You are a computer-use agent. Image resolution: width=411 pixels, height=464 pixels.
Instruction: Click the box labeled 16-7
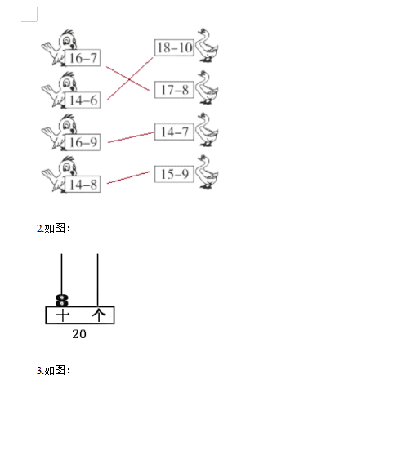[83, 58]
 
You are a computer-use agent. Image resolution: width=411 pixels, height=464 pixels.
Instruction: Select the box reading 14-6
[83, 100]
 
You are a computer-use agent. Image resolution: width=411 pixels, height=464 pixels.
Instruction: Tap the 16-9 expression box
[83, 142]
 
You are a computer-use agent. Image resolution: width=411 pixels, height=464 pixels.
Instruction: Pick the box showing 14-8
[83, 185]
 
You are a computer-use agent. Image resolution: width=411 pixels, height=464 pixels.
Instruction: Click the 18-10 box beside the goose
[174, 47]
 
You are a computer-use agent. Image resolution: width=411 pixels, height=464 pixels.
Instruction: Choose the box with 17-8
[174, 90]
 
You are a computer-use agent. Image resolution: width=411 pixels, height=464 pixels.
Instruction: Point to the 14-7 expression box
[174, 132]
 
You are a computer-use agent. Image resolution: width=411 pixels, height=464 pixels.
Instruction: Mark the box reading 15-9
[174, 174]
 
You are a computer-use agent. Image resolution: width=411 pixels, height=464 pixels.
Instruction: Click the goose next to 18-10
[207, 45]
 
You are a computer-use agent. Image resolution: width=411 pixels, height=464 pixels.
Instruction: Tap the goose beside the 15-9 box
[207, 172]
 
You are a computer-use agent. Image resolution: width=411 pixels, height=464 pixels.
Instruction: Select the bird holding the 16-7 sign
[60, 47]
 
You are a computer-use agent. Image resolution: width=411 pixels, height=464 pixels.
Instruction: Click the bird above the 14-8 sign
[60, 174]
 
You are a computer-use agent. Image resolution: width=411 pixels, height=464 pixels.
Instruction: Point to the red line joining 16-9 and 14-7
[131, 137]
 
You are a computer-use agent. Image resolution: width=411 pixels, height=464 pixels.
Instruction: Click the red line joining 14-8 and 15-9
[128, 177]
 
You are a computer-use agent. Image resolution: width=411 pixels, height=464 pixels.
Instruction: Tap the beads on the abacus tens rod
[62, 301]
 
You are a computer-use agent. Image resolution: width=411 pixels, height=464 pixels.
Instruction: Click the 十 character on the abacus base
[62, 315]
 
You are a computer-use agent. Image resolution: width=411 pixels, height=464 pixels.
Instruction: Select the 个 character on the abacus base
[99, 315]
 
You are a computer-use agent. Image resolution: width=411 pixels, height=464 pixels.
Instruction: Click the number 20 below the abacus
[79, 334]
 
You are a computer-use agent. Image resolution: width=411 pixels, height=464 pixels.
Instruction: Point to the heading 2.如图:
[54, 228]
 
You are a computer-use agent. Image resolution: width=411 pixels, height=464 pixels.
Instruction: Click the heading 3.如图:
[54, 370]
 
